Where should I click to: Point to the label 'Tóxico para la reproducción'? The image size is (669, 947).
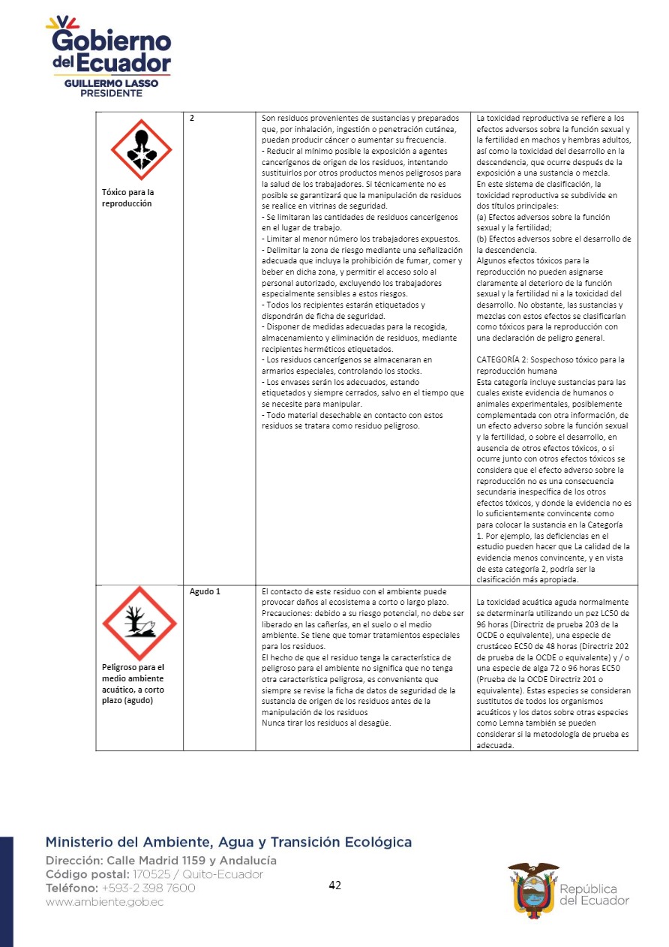coord(127,197)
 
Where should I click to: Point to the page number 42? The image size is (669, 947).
coord(335,885)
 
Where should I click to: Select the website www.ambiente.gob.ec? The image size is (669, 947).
coord(104,902)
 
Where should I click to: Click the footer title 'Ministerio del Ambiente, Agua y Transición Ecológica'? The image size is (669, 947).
coord(228,842)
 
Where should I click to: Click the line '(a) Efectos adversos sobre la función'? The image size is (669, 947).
coord(543,217)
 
